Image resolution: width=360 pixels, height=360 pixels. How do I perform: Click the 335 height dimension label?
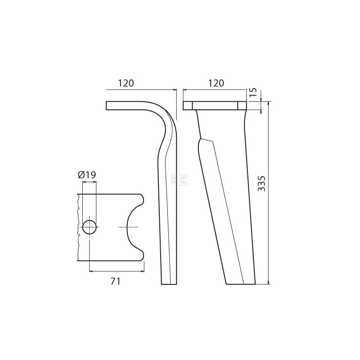(x=261, y=184)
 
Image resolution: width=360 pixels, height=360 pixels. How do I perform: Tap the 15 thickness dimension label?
(x=253, y=92)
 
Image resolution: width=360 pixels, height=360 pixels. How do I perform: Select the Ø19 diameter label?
(x=87, y=175)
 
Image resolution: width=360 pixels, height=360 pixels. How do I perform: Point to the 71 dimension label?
(x=116, y=281)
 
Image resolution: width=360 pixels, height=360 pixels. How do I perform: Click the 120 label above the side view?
(x=126, y=83)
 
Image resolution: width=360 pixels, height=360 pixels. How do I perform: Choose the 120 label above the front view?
(x=216, y=83)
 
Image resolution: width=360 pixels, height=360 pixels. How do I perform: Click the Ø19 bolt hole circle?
(x=89, y=227)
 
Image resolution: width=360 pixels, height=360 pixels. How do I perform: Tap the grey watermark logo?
(x=180, y=180)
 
